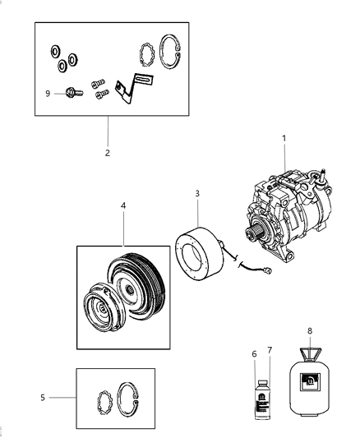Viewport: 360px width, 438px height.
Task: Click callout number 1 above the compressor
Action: pos(284,140)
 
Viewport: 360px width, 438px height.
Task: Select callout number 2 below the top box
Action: pos(107,152)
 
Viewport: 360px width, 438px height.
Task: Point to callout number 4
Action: pos(124,219)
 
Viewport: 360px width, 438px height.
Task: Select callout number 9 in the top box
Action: pos(48,94)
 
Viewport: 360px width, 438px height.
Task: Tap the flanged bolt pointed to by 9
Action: pos(71,94)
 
